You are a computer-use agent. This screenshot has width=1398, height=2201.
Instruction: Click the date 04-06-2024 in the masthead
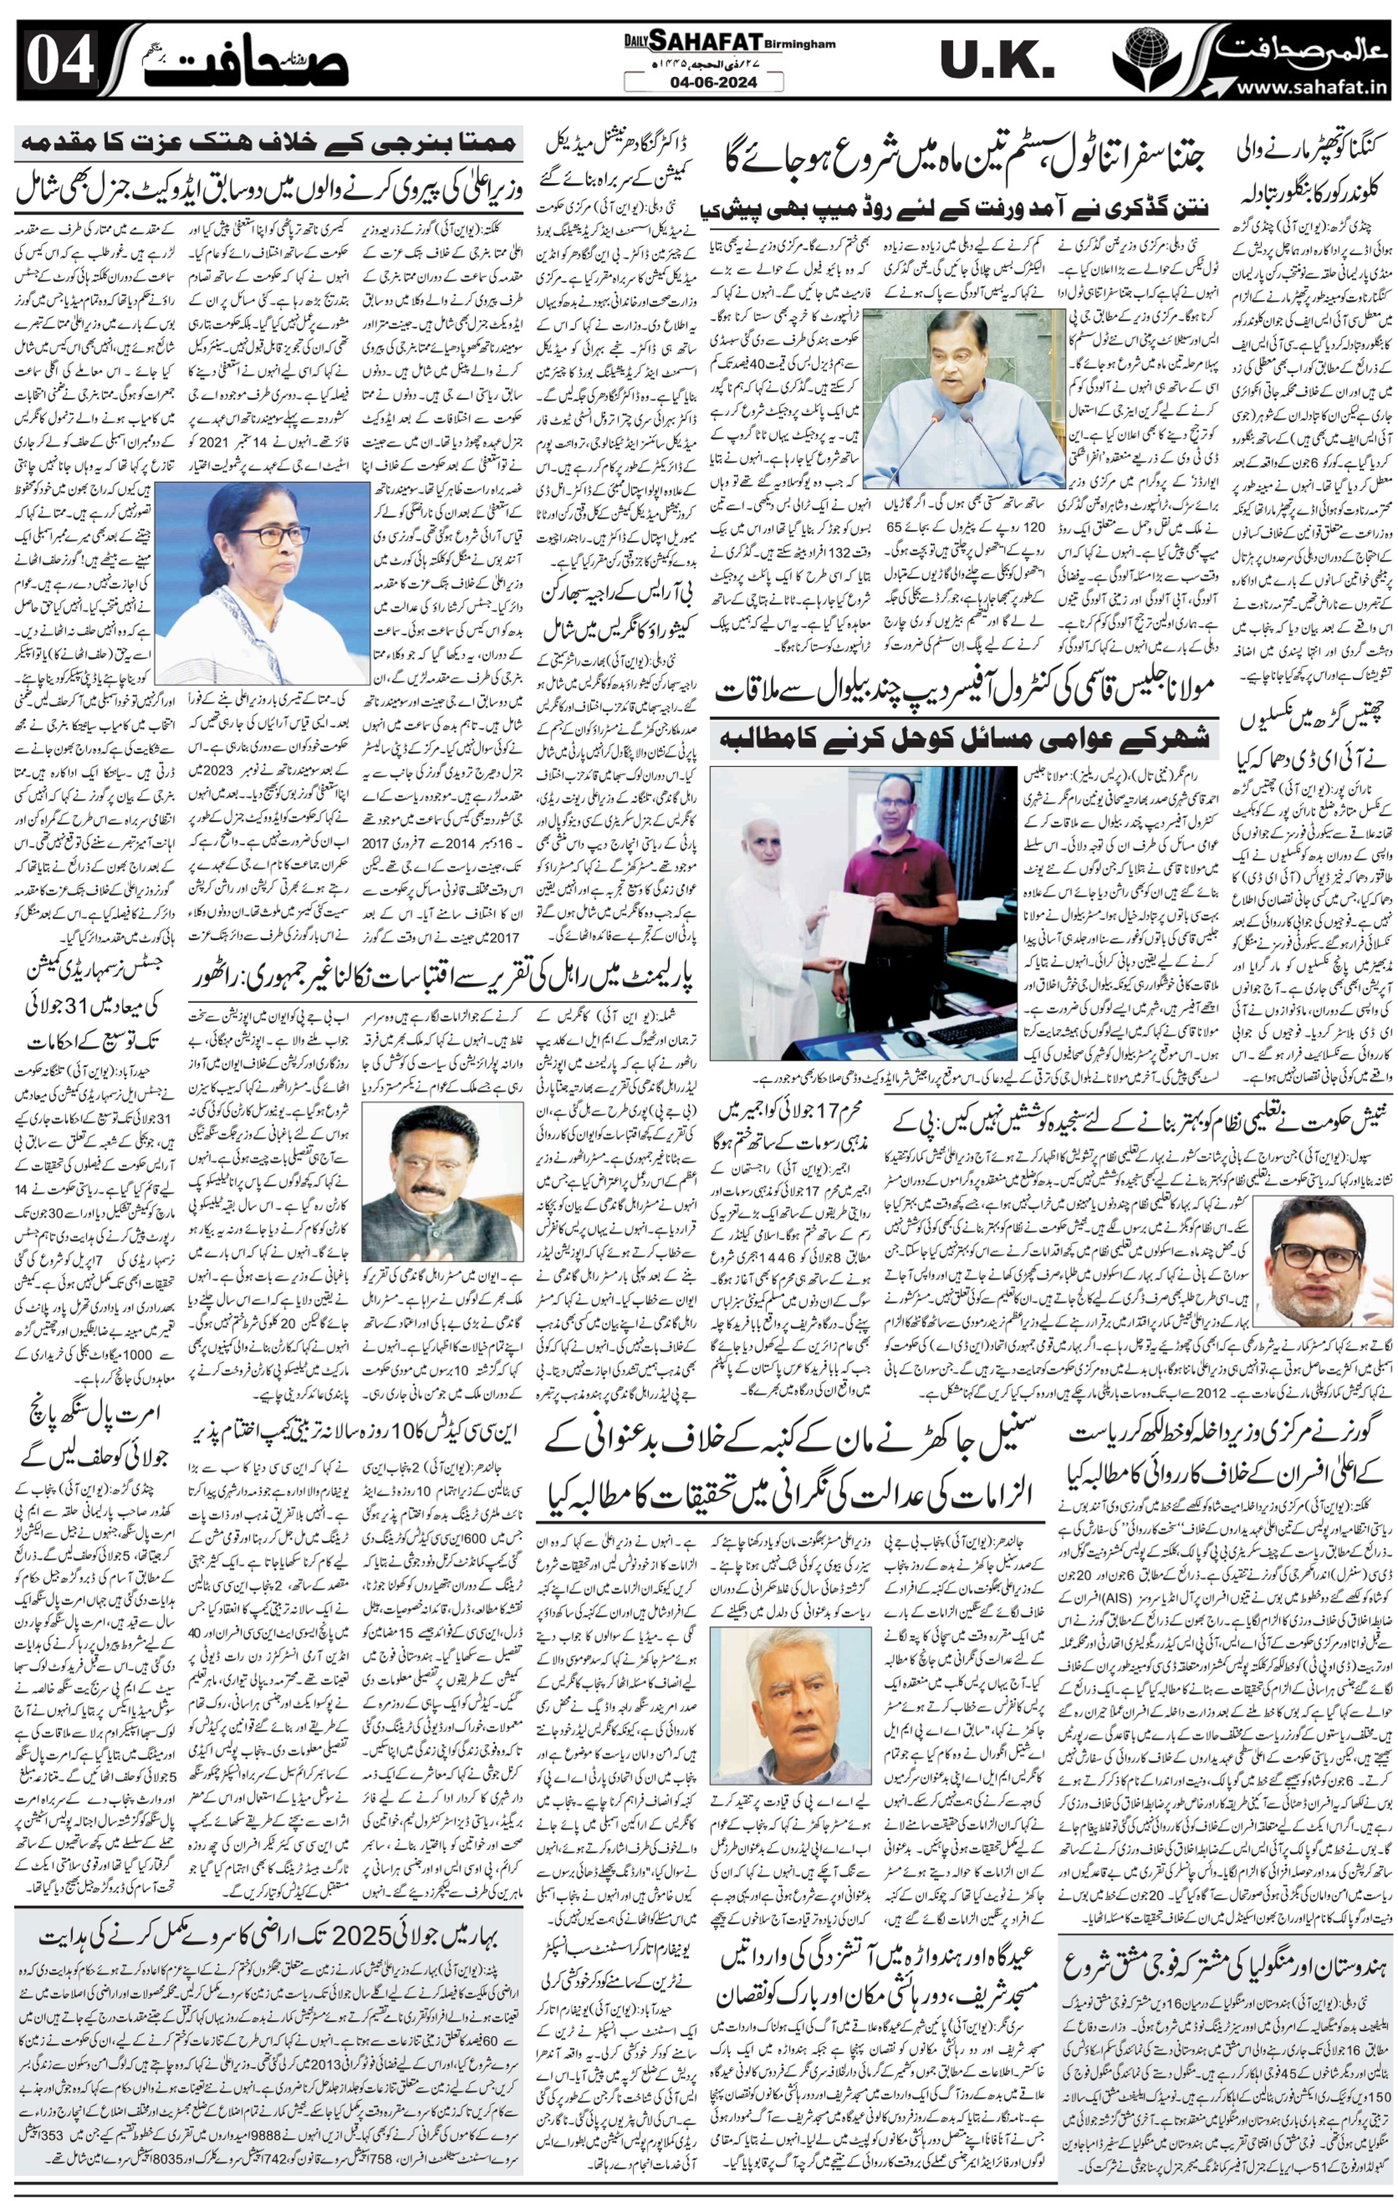(703, 82)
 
